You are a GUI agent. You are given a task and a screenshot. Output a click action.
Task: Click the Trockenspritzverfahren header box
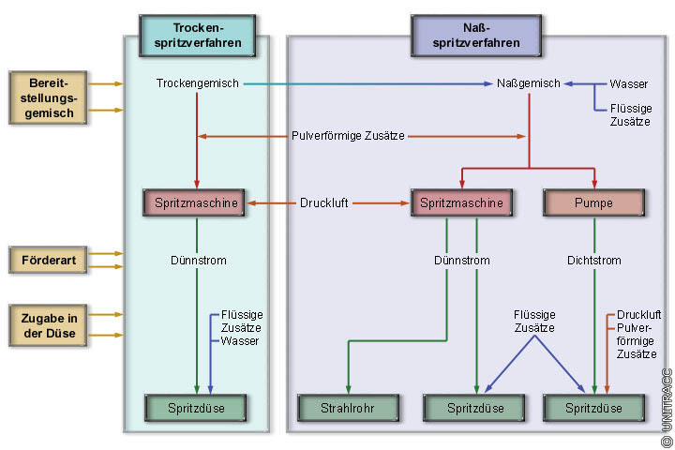click(x=197, y=36)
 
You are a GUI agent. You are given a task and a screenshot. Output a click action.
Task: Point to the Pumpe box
click(x=594, y=202)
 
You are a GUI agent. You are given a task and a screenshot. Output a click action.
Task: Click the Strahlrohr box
click(x=349, y=408)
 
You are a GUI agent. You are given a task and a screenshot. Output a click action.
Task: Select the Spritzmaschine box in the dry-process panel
click(x=195, y=202)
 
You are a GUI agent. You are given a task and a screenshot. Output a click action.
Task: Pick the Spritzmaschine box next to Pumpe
click(x=462, y=202)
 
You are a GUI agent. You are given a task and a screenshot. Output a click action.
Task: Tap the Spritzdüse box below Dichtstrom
click(x=594, y=408)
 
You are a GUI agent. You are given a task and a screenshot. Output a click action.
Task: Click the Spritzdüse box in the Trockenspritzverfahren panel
click(x=196, y=408)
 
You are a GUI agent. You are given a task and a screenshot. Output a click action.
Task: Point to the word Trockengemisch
click(x=196, y=83)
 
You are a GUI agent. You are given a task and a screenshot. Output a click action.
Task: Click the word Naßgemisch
click(x=528, y=83)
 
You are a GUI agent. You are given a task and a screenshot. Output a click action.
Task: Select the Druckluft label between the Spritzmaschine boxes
click(x=324, y=202)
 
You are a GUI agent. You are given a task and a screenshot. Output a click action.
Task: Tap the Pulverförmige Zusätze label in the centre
click(x=348, y=136)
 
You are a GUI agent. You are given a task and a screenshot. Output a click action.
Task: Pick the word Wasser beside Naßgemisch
click(x=628, y=83)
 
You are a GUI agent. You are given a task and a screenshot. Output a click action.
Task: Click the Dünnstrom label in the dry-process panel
click(x=199, y=260)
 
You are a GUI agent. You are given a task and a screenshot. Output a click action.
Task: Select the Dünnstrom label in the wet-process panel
click(x=461, y=260)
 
